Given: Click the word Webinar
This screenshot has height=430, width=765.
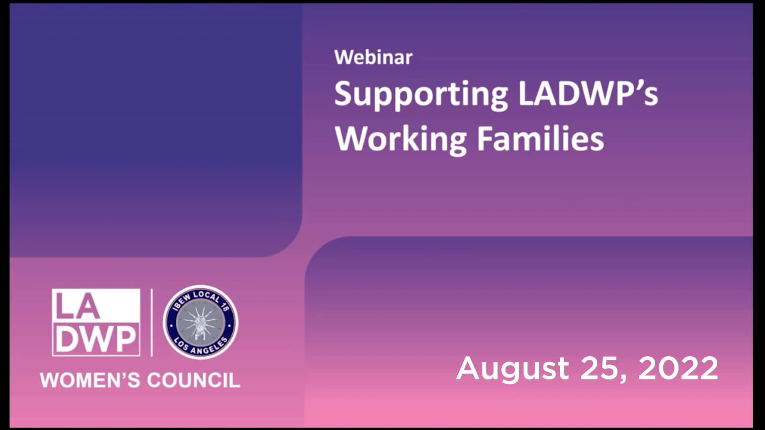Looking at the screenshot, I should [x=373, y=57].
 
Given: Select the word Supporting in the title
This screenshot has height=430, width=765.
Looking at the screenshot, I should [x=420, y=95].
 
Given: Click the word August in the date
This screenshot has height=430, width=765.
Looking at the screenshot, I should [x=512, y=368].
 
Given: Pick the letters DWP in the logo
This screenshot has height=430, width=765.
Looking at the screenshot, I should [x=96, y=339].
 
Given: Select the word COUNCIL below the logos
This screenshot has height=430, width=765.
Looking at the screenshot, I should [x=193, y=380].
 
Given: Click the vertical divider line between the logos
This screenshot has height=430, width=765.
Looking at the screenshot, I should [x=151, y=322].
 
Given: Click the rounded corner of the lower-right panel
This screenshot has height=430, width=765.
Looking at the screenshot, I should [x=317, y=248].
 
